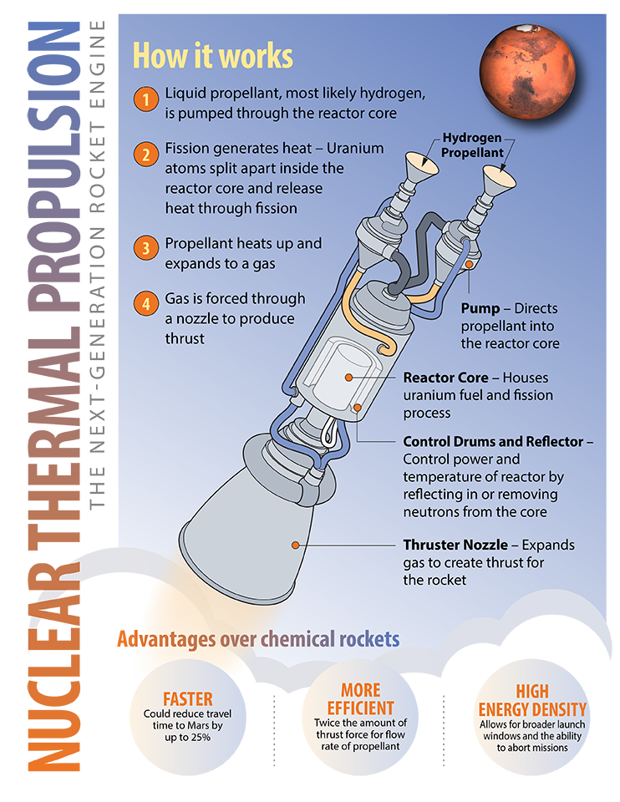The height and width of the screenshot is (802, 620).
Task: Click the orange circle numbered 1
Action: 145,99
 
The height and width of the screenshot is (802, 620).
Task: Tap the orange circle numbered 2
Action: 145,154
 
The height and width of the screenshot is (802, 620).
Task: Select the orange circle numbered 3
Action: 145,248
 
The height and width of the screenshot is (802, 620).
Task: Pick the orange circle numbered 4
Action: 145,304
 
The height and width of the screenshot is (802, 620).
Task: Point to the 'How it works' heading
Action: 213,55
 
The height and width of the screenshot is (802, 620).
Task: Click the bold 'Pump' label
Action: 480,308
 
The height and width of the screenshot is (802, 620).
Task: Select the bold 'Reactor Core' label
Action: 445,378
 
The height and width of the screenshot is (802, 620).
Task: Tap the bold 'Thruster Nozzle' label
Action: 455,545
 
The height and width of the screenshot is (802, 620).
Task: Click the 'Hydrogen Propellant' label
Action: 472,145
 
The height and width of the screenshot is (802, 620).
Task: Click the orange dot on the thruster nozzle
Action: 295,546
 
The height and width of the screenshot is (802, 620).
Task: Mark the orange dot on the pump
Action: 469,265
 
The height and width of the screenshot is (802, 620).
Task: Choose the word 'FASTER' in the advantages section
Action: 188,699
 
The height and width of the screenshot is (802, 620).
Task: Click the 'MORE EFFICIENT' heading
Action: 361,699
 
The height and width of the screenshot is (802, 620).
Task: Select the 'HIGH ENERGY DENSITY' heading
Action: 532,701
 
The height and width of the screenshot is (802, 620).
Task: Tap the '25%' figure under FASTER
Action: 201,738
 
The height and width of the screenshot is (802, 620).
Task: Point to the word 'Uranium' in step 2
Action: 355,149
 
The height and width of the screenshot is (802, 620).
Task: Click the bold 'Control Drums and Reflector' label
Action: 493,441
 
